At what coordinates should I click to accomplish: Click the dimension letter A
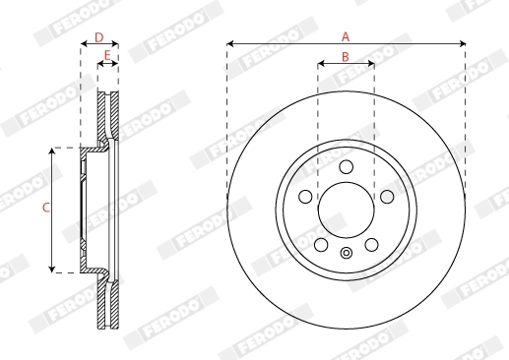(346, 35)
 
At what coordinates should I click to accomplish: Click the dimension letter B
(346, 57)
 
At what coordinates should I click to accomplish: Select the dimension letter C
(45, 208)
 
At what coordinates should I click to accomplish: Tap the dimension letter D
(98, 36)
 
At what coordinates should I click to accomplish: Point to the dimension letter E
(107, 55)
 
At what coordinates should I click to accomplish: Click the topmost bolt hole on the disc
(346, 169)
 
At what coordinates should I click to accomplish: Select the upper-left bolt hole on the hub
(306, 197)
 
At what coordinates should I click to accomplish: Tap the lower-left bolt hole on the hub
(321, 243)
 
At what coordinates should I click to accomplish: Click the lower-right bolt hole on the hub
(370, 243)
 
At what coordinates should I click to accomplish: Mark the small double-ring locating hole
(346, 256)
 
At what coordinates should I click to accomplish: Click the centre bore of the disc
(346, 210)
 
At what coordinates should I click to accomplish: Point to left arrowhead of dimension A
(230, 44)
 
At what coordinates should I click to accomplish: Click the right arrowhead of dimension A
(462, 44)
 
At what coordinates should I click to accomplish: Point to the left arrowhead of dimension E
(100, 64)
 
